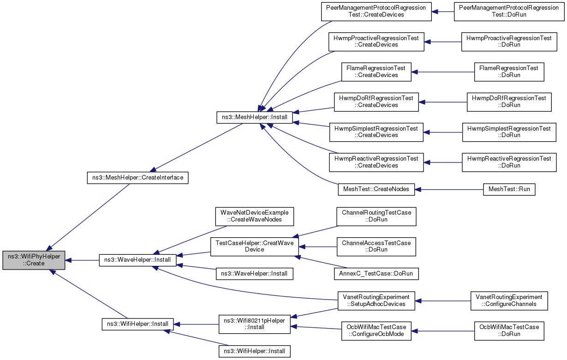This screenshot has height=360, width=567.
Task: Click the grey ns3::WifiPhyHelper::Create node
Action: [x=34, y=260]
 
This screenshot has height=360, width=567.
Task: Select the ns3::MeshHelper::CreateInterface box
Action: [x=137, y=178]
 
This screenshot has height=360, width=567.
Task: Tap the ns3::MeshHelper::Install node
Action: [x=254, y=118]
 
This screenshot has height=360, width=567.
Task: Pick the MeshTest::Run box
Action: [x=509, y=189]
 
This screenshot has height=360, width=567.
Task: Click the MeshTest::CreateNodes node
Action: [x=376, y=189]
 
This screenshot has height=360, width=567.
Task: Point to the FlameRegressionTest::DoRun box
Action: [x=509, y=72]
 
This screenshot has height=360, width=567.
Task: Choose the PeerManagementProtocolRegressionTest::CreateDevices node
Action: [x=376, y=12]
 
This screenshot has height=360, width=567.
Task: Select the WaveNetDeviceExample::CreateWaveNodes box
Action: [x=254, y=216]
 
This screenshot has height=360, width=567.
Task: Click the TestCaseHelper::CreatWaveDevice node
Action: [x=254, y=246]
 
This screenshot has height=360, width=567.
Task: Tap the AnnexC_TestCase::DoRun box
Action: [x=376, y=274]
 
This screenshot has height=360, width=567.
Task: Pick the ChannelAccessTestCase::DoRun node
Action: [x=376, y=246]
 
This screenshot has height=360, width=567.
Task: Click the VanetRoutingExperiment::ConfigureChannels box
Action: [x=509, y=301]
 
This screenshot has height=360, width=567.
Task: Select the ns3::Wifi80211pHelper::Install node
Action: [x=254, y=324]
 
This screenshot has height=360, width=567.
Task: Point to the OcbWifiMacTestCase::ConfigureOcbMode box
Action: [x=376, y=331]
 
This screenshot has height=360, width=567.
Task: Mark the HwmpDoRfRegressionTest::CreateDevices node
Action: [x=376, y=102]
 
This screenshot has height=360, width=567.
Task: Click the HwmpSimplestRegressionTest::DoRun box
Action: [x=509, y=132]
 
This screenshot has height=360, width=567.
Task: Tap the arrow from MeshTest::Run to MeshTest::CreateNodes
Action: [x=449, y=189]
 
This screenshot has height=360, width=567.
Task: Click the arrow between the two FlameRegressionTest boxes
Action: [x=443, y=72]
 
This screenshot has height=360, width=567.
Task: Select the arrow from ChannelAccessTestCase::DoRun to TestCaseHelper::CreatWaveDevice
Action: [x=318, y=246]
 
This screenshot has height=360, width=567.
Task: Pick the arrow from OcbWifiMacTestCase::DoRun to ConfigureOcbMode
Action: [x=443, y=331]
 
